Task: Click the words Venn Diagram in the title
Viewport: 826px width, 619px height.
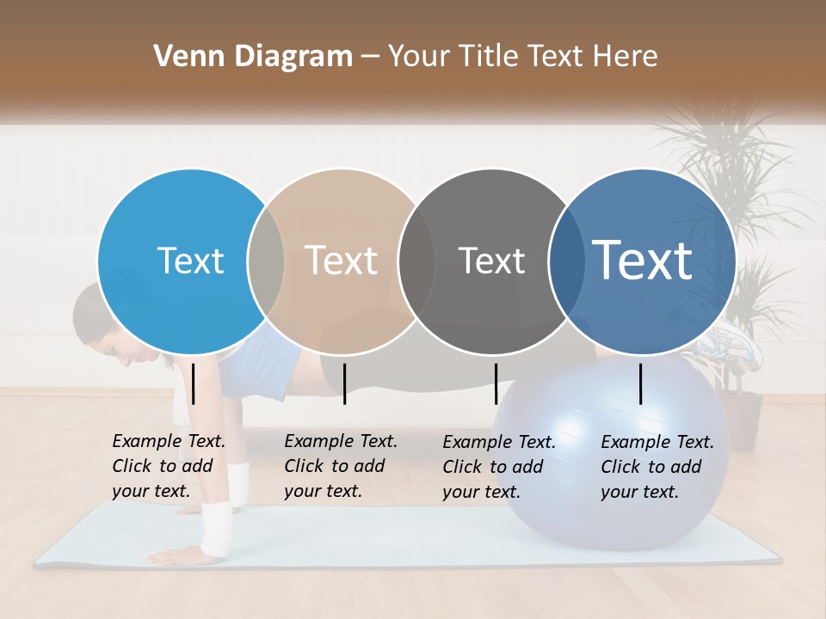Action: [252, 57]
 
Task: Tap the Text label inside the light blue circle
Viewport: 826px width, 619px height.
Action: [190, 260]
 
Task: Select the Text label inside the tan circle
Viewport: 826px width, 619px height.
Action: [342, 260]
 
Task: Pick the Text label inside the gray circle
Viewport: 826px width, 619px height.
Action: [491, 260]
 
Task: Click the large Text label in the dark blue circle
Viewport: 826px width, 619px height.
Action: [643, 260]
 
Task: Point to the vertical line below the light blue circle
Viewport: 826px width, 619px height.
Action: [194, 383]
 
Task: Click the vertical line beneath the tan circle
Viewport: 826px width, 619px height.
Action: [344, 383]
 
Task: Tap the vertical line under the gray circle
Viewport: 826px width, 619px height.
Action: [496, 383]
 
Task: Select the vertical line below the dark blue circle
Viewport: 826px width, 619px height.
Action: [641, 383]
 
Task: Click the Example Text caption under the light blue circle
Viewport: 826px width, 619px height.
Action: [168, 466]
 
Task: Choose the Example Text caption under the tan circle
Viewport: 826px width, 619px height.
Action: [340, 466]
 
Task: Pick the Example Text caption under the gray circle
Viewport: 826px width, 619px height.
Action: [498, 467]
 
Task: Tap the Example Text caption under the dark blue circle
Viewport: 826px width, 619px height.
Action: [656, 467]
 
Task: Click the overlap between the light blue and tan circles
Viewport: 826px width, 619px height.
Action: [266, 260]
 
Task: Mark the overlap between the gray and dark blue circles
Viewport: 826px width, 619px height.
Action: [567, 260]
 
